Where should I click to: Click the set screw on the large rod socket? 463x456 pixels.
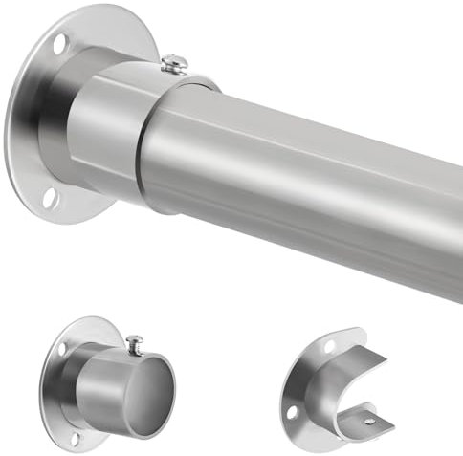pos(174,64)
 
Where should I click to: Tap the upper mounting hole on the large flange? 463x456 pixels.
pos(61,44)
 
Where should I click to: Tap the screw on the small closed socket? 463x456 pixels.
pos(136,340)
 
